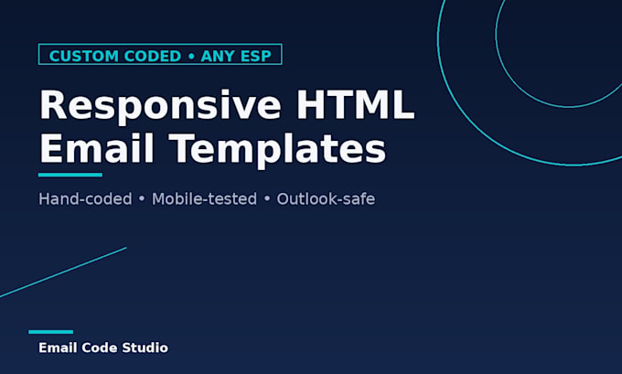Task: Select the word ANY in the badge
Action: pyautogui.click(x=218, y=56)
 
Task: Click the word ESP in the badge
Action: pyautogui.click(x=255, y=56)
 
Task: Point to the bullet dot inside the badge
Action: pyautogui.click(x=191, y=57)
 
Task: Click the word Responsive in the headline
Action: pyautogui.click(x=160, y=105)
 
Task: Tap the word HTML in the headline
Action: pyautogui.click(x=356, y=104)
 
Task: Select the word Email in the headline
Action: pyautogui.click(x=96, y=148)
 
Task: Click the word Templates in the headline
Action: pyautogui.click(x=277, y=150)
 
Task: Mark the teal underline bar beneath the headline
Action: pyautogui.click(x=70, y=175)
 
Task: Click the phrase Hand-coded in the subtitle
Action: pyautogui.click(x=85, y=198)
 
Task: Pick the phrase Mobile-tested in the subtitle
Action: pyautogui.click(x=204, y=198)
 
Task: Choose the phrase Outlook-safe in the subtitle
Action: pyautogui.click(x=326, y=198)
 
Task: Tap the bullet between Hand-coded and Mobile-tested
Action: pyautogui.click(x=142, y=199)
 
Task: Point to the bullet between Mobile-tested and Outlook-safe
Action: pyautogui.click(x=267, y=199)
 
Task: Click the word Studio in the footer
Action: pyautogui.click(x=145, y=347)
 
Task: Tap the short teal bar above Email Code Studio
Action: pyautogui.click(x=51, y=332)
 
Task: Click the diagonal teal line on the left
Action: pyautogui.click(x=63, y=272)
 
